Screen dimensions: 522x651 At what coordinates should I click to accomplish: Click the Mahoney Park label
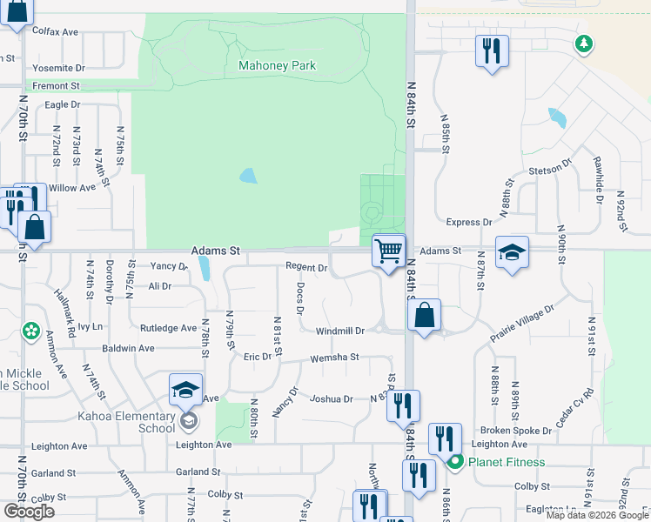coord(277,65)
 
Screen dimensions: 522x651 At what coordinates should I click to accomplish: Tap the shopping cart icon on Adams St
coord(388,251)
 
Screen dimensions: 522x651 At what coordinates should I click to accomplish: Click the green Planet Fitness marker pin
coord(453,461)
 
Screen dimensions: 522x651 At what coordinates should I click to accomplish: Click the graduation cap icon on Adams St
coord(512,253)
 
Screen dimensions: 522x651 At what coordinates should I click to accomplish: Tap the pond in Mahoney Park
coord(248,176)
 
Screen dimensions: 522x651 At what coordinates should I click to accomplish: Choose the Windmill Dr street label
coord(339,331)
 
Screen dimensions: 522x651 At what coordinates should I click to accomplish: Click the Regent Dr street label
coord(305,268)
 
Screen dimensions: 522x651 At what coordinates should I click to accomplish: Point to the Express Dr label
coord(463,223)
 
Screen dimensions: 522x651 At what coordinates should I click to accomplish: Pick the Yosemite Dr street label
coord(58,67)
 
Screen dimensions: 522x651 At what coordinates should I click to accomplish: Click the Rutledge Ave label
coord(168,328)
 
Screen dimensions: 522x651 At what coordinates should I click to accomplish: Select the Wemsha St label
coord(335,357)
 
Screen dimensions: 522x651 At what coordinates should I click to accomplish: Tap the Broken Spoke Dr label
coord(516,431)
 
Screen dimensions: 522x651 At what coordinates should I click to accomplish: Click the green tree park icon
coord(584,43)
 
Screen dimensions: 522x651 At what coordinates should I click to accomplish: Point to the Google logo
coord(29,512)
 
